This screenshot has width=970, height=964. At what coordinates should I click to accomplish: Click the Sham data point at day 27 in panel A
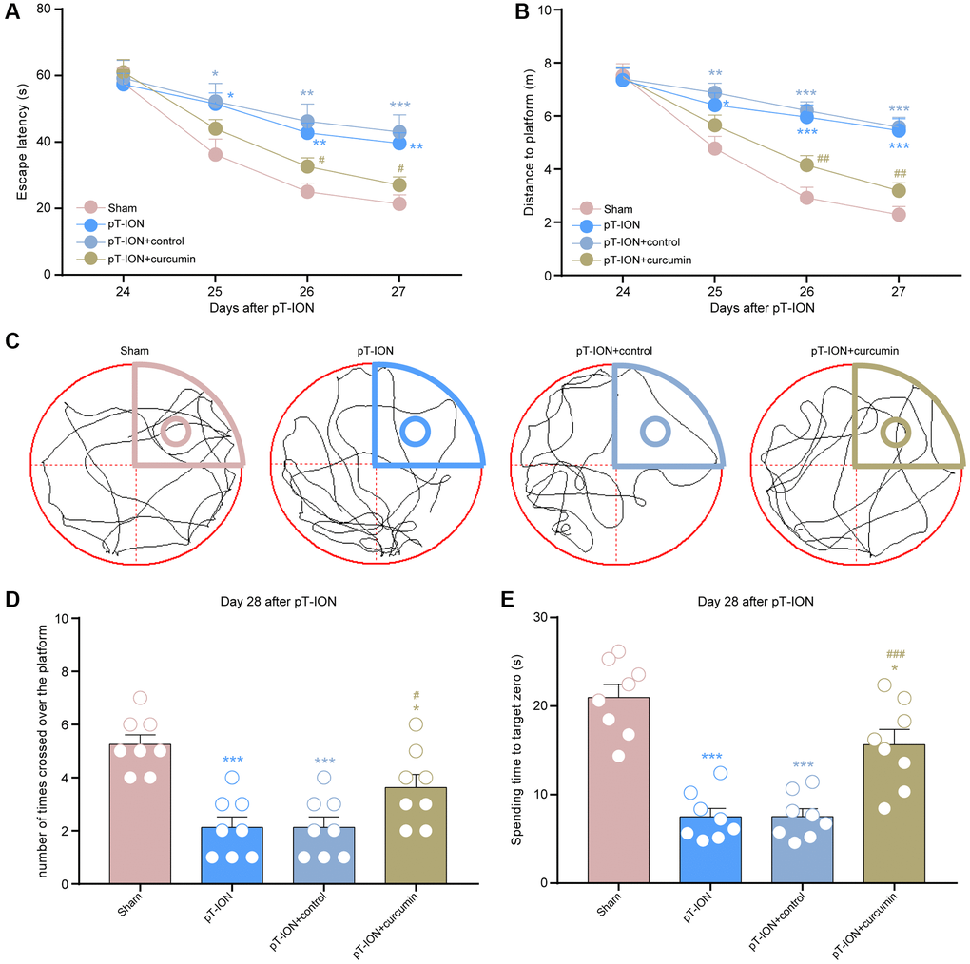[399, 203]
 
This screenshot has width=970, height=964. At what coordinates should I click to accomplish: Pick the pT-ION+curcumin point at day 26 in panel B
[806, 165]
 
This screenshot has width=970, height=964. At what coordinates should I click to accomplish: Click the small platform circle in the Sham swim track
[175, 433]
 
